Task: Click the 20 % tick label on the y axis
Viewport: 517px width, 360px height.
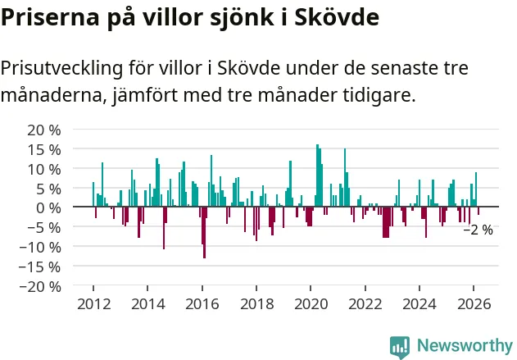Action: (44, 130)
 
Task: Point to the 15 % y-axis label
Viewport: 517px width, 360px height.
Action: (44, 150)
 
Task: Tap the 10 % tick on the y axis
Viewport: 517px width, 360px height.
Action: (44, 170)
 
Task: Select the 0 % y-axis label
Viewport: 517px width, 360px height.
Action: (49, 207)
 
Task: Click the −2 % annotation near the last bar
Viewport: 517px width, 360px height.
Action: (478, 230)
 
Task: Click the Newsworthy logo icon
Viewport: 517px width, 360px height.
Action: (400, 346)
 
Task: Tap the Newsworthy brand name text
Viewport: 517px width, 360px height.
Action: (464, 346)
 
